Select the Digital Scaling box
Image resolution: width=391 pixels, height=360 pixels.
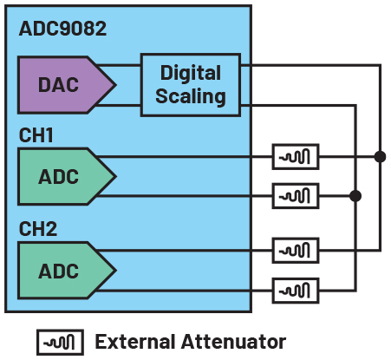(x=191, y=85)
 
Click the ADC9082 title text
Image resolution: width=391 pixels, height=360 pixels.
(x=62, y=29)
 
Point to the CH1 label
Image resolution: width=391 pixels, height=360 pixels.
(x=36, y=135)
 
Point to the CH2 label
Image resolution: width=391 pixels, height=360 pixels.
(x=38, y=229)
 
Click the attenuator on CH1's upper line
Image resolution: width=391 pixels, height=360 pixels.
(x=296, y=156)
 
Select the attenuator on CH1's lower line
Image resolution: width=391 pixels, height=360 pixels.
(x=296, y=196)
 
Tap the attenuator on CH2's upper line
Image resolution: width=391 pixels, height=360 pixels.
(x=296, y=251)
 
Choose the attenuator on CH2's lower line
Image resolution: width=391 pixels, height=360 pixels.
(x=296, y=291)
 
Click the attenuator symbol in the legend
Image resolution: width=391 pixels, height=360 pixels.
(x=60, y=343)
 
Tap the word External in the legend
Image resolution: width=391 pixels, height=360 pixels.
(x=135, y=342)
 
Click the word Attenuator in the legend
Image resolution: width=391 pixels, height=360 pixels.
(x=233, y=342)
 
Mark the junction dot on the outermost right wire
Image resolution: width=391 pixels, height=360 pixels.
(x=380, y=156)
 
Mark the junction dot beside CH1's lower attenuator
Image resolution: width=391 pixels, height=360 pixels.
(x=355, y=196)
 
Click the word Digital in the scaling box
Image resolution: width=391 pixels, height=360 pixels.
(x=191, y=73)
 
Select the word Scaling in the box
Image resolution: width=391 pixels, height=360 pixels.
(x=191, y=96)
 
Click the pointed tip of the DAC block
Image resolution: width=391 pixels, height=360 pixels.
(x=116, y=85)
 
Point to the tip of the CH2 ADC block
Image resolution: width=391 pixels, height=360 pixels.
(x=116, y=271)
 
